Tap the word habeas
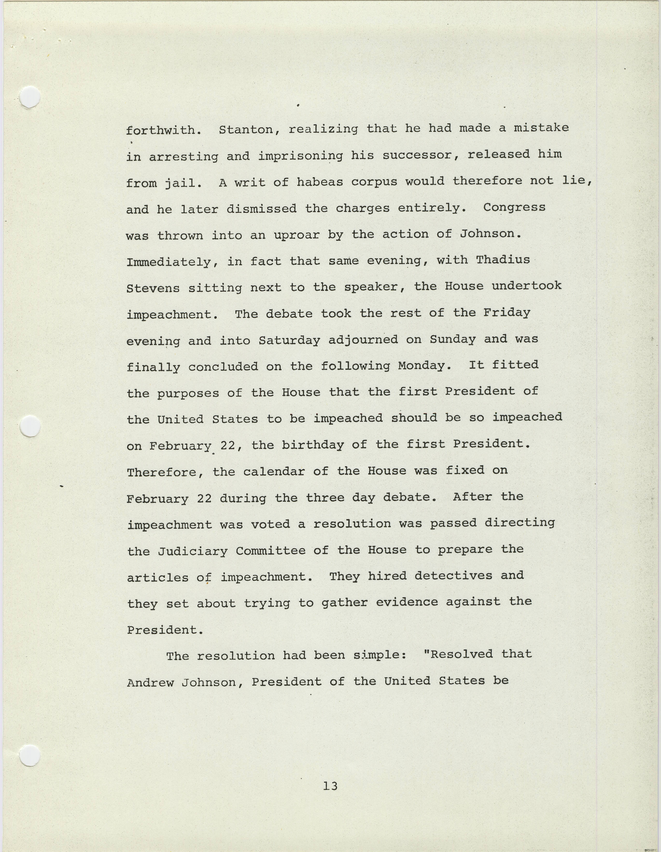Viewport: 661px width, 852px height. point(320,182)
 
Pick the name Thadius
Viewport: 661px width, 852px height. point(503,260)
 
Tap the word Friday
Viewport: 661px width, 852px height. point(507,313)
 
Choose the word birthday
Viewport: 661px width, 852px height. point(313,445)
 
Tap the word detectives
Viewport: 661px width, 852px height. point(453,576)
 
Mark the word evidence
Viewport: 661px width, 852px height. point(407,602)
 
